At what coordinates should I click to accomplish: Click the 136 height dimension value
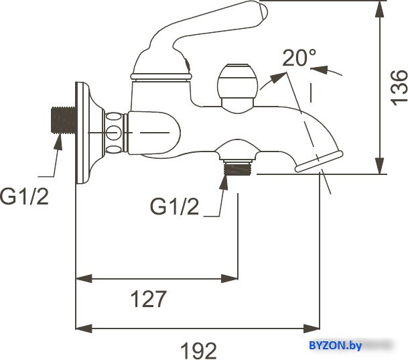tap(399, 87)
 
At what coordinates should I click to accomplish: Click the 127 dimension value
tap(149, 299)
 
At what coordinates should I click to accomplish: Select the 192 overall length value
tap(198, 351)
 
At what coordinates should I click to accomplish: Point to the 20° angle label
tap(299, 58)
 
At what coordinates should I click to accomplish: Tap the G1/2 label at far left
tap(24, 196)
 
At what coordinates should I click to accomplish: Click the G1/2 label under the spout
tap(174, 206)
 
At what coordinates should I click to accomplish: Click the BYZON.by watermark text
tap(336, 346)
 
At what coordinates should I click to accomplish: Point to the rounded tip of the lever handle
tap(263, 11)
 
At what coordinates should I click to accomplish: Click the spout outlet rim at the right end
tap(319, 162)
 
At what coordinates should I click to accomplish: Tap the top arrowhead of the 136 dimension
tap(380, 9)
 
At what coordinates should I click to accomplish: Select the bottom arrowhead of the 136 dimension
tap(380, 166)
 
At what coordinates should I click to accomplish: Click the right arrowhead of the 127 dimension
tap(229, 278)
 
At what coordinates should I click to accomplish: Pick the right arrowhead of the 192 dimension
tap(312, 328)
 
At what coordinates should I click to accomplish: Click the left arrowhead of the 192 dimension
tap(84, 328)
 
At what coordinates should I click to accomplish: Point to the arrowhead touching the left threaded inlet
tap(58, 142)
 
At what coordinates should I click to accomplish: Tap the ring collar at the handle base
tap(161, 76)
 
